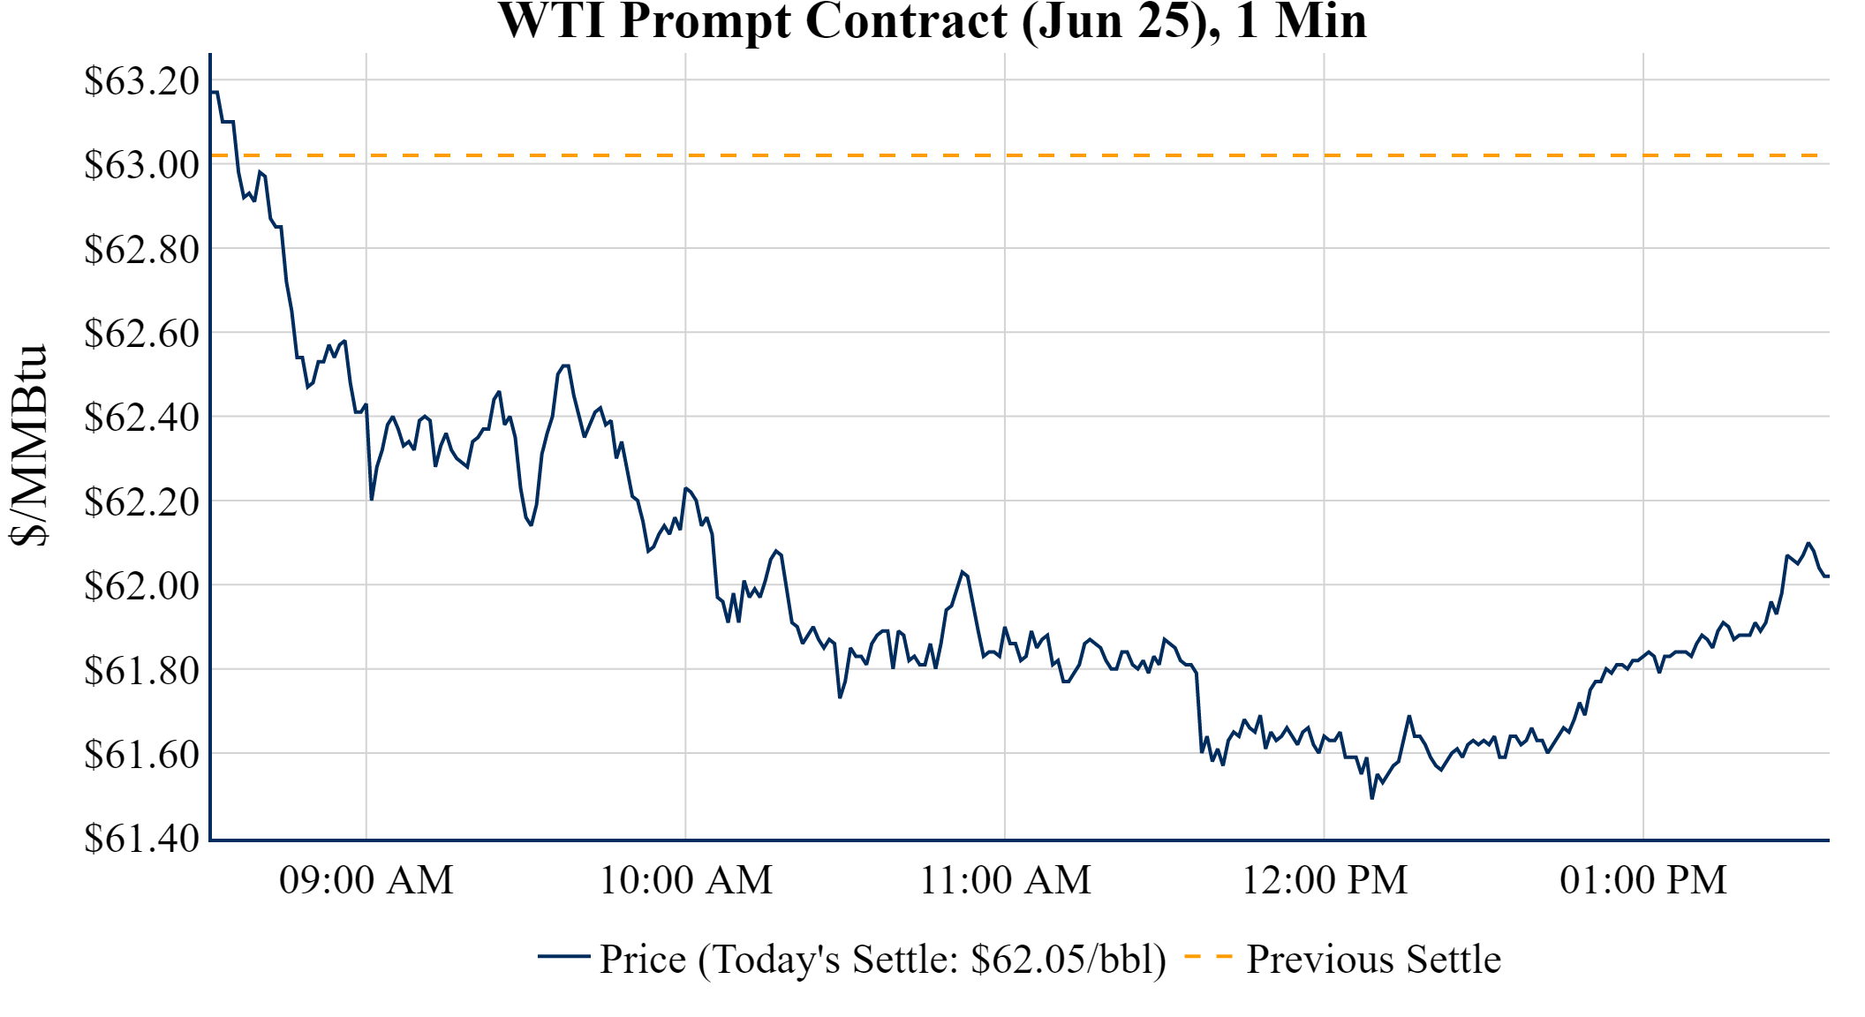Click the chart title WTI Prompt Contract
[x=932, y=21]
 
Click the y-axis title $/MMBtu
[x=28, y=445]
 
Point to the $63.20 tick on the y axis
[x=142, y=81]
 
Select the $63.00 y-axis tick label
[x=142, y=165]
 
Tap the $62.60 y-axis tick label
[x=142, y=334]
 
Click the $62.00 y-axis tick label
[x=142, y=585]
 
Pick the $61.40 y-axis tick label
[x=142, y=838]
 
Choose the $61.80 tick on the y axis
[x=142, y=670]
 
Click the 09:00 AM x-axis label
[x=366, y=880]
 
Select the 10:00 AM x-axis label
[x=686, y=880]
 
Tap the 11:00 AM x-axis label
[x=1005, y=880]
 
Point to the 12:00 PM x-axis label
[x=1325, y=880]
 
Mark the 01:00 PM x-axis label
[x=1643, y=880]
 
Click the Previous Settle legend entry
[x=1373, y=960]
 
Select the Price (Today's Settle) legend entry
[x=883, y=960]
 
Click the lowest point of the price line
[x=1371, y=798]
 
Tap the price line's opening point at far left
[x=212, y=92]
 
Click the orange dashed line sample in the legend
[x=1208, y=957]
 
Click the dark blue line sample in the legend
[x=563, y=957]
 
